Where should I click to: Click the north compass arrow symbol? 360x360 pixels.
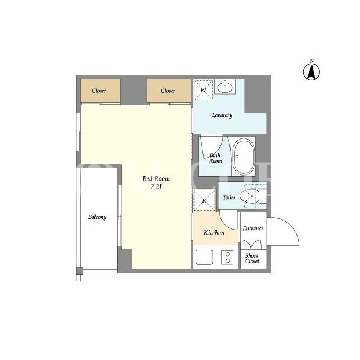tap(312, 72)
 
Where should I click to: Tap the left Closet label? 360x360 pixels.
tap(99, 91)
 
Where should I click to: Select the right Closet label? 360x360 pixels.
tap(168, 91)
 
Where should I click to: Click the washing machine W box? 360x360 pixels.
tap(204, 90)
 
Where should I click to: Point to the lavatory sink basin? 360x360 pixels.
tap(225, 87)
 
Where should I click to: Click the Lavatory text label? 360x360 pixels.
tap(222, 115)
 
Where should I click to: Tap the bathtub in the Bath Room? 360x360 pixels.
tap(244, 156)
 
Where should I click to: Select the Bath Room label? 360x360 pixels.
tap(215, 158)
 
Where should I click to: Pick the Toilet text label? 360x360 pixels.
tap(229, 197)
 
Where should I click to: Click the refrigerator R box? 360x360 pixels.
tap(204, 200)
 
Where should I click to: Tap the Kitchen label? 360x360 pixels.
tap(214, 233)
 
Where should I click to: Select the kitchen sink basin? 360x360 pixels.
tap(204, 258)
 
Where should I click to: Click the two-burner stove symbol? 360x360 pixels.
tap(227, 258)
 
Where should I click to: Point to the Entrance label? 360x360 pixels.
tap(253, 228)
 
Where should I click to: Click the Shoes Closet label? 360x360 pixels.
tap(252, 258)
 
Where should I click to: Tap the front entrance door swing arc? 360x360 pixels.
tap(291, 226)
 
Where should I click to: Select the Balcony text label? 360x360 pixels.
tap(97, 217)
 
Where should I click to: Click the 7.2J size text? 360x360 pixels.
tap(156, 187)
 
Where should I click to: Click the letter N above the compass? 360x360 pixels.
tap(312, 61)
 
